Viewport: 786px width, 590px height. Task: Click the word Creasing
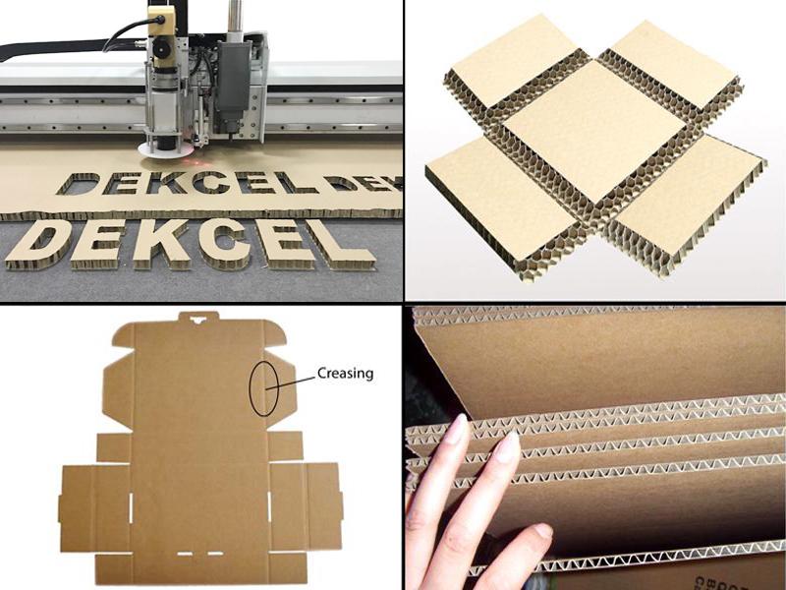coord(345,374)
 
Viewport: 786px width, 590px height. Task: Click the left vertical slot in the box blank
coord(131,512)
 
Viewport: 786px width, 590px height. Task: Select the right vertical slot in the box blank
coord(268,512)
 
